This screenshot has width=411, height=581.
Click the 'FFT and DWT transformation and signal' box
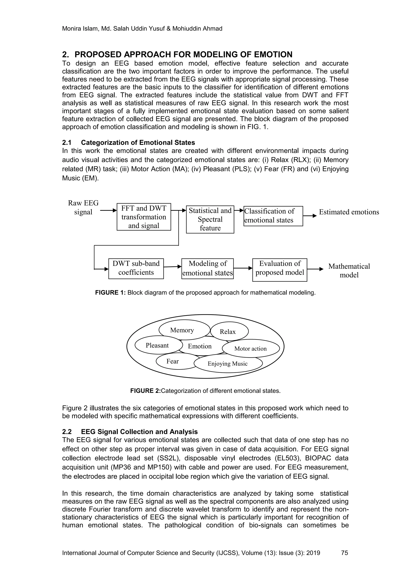[144, 217]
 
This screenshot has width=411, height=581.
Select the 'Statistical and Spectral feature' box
[210, 219]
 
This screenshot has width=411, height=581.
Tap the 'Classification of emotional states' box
[273, 216]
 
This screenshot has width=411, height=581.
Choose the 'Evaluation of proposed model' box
[280, 270]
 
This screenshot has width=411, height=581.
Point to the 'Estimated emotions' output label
[349, 212]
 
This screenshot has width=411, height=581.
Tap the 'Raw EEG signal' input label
[83, 207]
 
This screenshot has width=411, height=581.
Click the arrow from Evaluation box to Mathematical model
[315, 269]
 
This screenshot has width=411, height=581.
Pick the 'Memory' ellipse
[182, 330]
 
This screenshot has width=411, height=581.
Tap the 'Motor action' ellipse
[250, 349]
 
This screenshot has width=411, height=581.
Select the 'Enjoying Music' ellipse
[228, 364]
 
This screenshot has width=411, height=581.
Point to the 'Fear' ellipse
[173, 361]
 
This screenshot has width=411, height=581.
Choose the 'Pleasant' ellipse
[157, 346]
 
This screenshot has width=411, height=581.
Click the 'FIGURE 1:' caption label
[110, 293]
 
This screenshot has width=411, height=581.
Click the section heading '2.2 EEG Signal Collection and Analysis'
[130, 432]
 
